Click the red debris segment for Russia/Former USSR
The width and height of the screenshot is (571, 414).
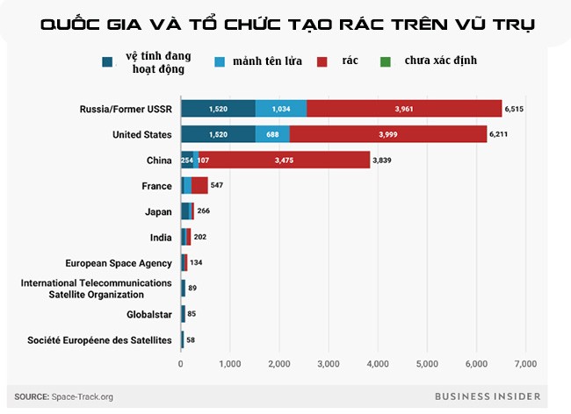click(x=403, y=109)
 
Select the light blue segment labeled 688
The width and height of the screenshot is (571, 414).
click(x=272, y=135)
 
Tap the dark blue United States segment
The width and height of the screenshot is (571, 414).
click(x=218, y=135)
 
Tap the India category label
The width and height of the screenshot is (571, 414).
click(x=160, y=237)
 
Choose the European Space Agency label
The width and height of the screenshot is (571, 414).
click(x=119, y=262)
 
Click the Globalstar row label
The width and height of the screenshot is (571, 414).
click(x=146, y=313)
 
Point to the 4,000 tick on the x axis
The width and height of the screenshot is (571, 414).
click(x=378, y=363)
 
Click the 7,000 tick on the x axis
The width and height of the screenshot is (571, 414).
click(x=525, y=363)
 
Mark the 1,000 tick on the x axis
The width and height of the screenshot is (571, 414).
click(x=230, y=363)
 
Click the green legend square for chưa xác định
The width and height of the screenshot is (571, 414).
click(x=385, y=61)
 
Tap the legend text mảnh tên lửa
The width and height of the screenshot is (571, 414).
click(x=260, y=61)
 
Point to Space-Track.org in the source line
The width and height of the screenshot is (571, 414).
click(x=82, y=396)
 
